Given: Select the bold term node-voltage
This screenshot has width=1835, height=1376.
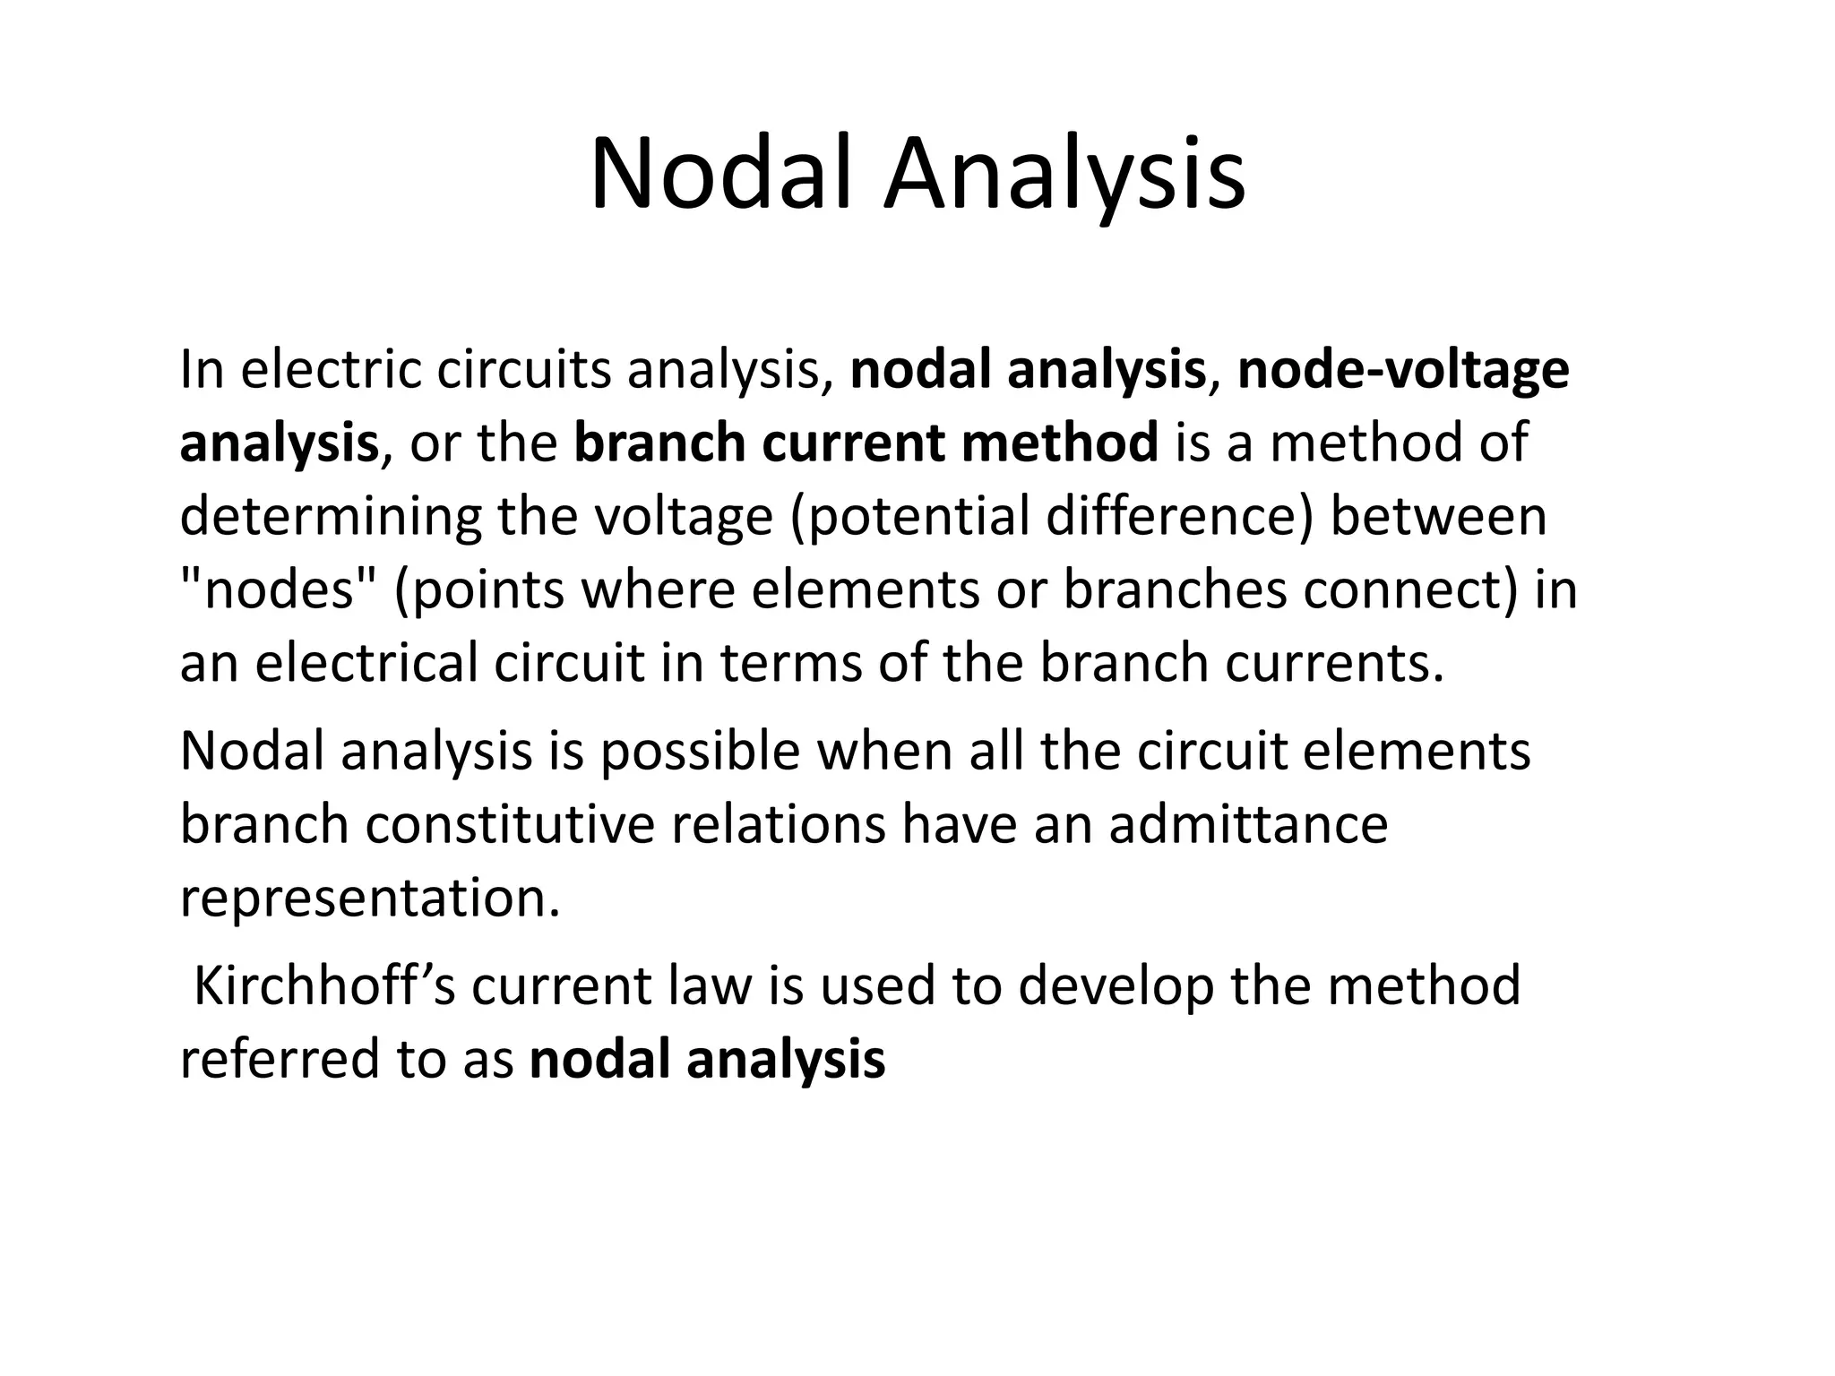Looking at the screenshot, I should pyautogui.click(x=1403, y=370).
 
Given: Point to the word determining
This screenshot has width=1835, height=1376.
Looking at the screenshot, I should pyautogui.click(x=331, y=518).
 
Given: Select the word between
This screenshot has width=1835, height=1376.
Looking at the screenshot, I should pyautogui.click(x=1439, y=517).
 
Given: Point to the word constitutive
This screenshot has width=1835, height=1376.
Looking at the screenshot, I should pyautogui.click(x=511, y=824).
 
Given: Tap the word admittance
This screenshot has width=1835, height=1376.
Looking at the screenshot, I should pyautogui.click(x=1248, y=824).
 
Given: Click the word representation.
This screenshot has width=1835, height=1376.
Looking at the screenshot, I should pyautogui.click(x=370, y=899).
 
